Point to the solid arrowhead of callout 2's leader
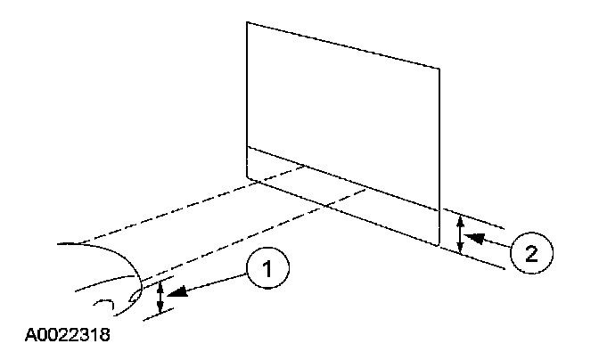point(472,238)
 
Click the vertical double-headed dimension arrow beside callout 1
point(160,297)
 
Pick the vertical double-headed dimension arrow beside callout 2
point(459,235)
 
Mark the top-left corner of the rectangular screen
point(247,22)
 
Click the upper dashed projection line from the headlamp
point(187,205)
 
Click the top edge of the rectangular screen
point(343,45)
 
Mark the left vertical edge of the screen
point(247,98)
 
